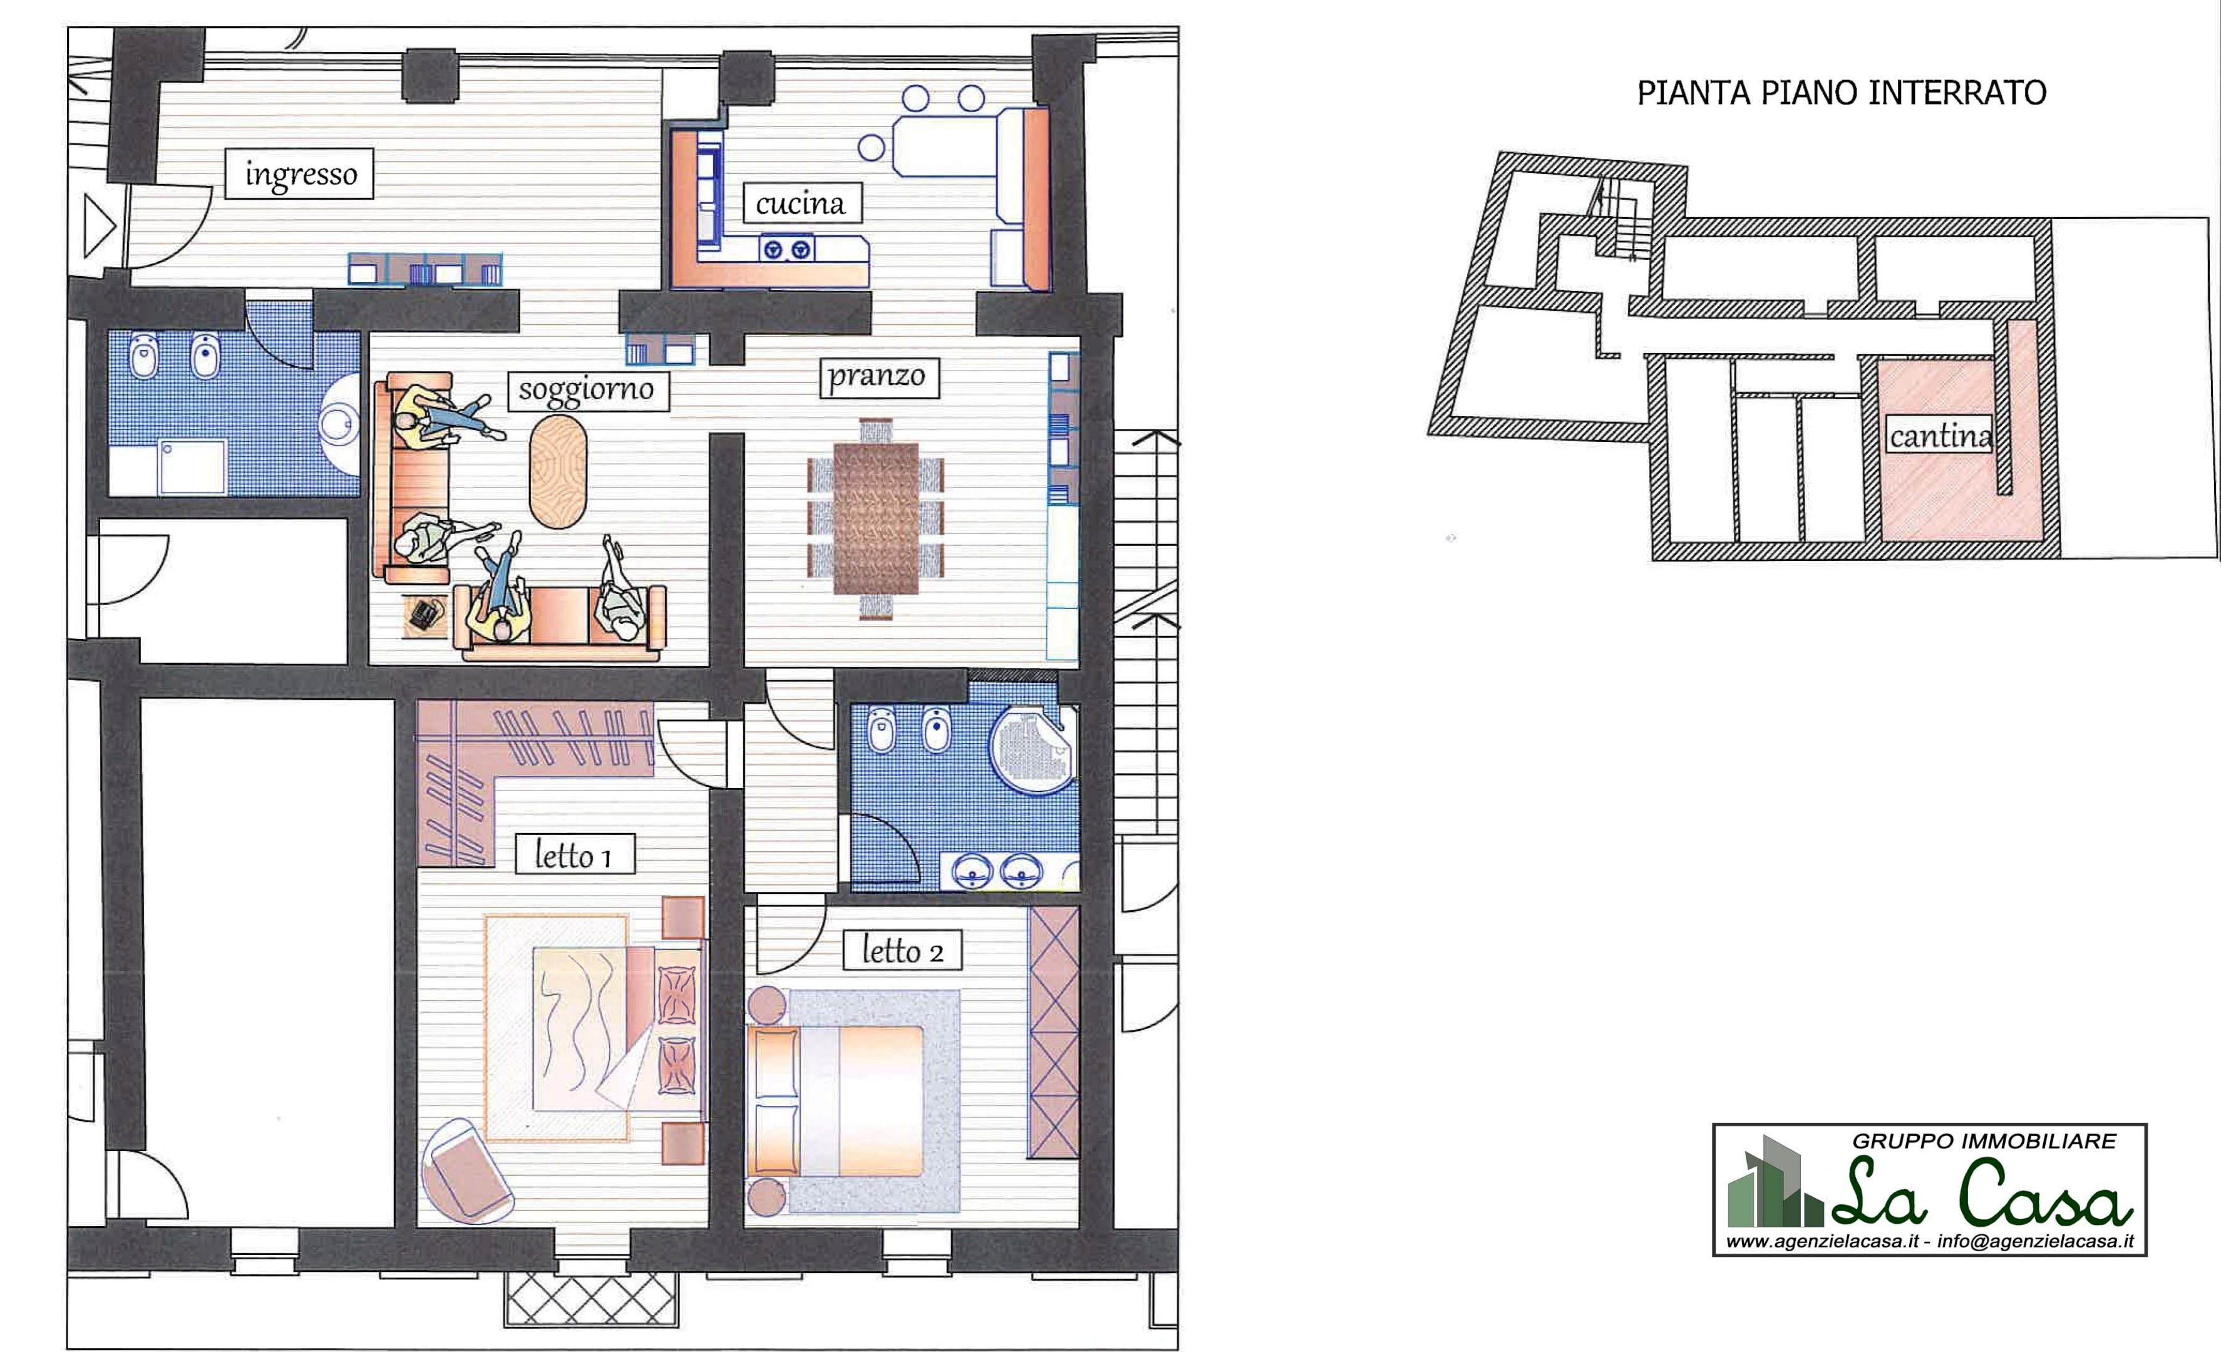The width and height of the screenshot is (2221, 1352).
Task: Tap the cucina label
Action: [800, 203]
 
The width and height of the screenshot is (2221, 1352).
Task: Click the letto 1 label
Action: [574, 854]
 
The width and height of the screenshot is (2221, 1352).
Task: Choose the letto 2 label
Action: [902, 950]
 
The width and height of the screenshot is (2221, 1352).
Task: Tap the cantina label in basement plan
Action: [1940, 436]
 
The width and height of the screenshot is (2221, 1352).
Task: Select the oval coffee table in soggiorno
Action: [558, 471]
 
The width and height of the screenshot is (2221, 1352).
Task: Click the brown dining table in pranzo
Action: [875, 518]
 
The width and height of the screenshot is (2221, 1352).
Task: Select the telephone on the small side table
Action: [425, 615]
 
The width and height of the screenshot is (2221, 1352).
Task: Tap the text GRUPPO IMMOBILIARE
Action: [1983, 1141]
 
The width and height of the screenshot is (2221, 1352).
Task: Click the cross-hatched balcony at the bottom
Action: [590, 1299]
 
